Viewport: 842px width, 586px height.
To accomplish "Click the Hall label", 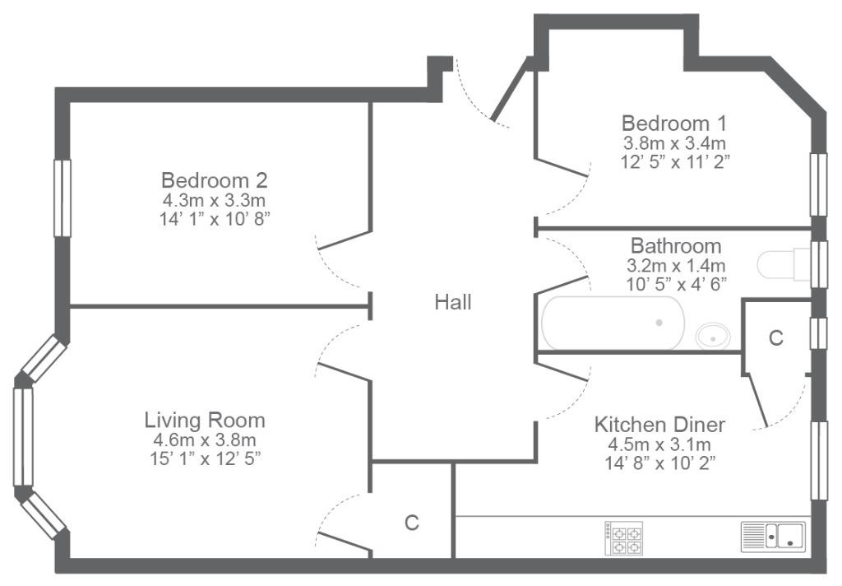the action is [453, 302].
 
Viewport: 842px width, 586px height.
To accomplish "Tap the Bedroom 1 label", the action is [674, 123].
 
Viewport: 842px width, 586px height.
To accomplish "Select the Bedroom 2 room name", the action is [215, 180].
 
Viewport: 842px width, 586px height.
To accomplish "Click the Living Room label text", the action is [205, 420].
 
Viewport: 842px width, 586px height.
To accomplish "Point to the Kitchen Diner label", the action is [659, 425].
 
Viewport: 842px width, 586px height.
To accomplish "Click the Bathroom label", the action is [676, 246].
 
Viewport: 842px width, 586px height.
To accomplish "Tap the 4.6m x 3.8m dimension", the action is [205, 440].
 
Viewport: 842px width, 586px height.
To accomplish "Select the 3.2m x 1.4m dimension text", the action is [676, 266].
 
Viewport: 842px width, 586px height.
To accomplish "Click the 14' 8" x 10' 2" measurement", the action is [660, 463].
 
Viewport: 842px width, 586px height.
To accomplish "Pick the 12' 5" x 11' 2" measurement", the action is [675, 161].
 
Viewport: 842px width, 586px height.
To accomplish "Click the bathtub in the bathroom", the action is [613, 323].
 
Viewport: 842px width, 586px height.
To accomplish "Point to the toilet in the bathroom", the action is [783, 264].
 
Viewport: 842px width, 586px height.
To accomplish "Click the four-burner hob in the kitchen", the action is [623, 538].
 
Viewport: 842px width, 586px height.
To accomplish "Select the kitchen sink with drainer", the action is [773, 537].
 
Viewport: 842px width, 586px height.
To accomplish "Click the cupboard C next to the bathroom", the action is [776, 337].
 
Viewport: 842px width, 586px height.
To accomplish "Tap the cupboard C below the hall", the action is [411, 522].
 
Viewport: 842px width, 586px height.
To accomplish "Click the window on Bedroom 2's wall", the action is [62, 198].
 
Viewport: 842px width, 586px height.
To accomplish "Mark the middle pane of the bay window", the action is [23, 436].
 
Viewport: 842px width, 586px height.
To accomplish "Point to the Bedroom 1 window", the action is [818, 184].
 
